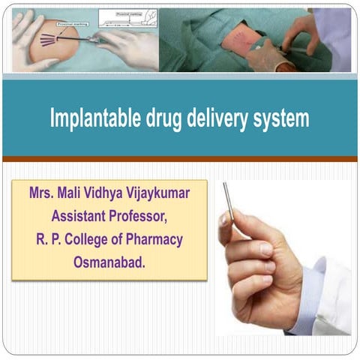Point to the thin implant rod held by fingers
coord(229,199)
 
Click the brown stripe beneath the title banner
coord(180,159)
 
